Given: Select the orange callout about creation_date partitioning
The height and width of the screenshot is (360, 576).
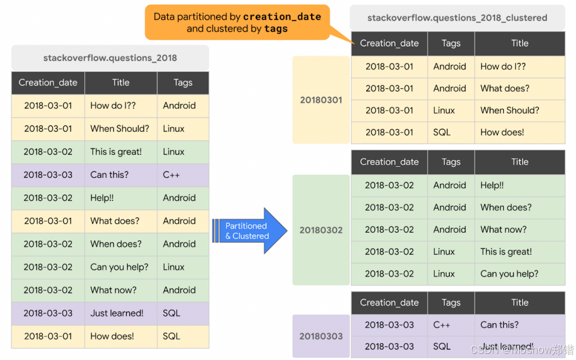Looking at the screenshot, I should tap(237, 22).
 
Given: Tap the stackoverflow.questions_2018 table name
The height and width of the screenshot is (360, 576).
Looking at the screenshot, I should tap(110, 58).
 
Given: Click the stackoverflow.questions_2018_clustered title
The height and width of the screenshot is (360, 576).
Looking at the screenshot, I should tap(457, 17).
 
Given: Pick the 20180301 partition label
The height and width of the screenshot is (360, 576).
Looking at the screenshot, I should tap(321, 100).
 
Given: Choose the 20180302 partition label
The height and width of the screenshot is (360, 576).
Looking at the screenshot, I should tap(321, 229).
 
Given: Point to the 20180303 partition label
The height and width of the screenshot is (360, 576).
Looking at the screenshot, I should tap(321, 336).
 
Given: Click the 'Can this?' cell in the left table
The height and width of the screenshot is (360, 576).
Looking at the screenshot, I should tap(109, 175).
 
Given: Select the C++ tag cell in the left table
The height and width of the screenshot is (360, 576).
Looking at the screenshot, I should tap(172, 175).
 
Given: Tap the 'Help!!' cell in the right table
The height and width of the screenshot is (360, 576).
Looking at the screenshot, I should tap(492, 185).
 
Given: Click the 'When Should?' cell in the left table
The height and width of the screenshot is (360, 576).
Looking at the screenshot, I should tap(119, 129).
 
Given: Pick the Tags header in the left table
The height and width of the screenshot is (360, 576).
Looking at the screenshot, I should tap(183, 83).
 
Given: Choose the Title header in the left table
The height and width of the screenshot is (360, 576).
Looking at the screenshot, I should tap(121, 83).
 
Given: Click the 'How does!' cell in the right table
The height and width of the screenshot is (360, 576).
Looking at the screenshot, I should tap(502, 132).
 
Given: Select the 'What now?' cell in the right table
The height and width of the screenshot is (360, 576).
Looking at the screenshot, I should tap(503, 229).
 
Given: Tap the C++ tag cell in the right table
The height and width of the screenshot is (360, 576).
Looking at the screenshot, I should tap(442, 325).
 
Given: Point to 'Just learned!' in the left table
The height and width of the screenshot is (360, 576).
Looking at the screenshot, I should tap(116, 313).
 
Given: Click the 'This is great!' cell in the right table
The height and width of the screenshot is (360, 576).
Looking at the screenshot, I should tap(506, 251).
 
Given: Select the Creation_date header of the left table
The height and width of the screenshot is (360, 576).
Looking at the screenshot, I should tap(48, 83).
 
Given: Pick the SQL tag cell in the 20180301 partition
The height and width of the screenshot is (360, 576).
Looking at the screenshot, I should tap(442, 132).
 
